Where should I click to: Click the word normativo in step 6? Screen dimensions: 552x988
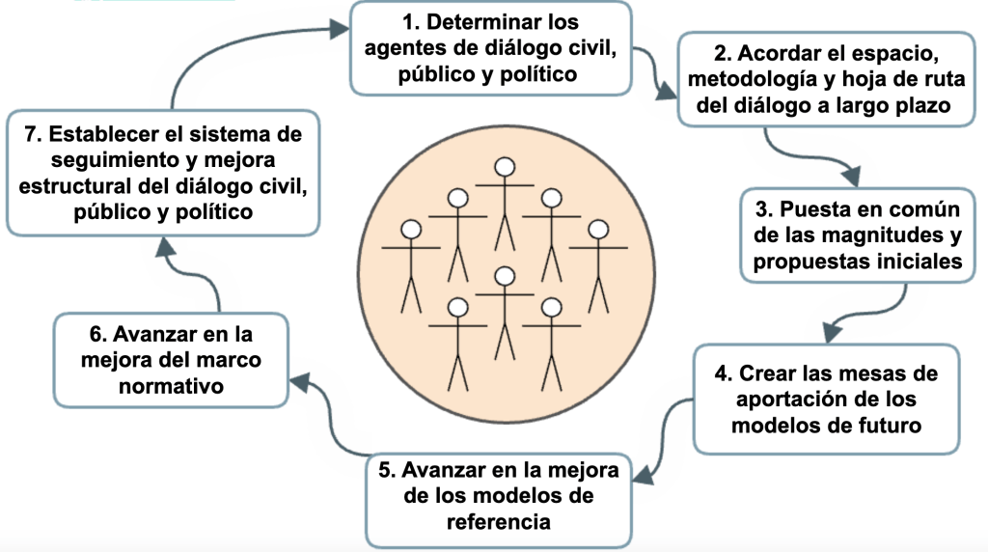point(169,386)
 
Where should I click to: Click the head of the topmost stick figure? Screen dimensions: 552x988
point(503,167)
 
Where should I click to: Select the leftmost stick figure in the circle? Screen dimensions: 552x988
point(412,265)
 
